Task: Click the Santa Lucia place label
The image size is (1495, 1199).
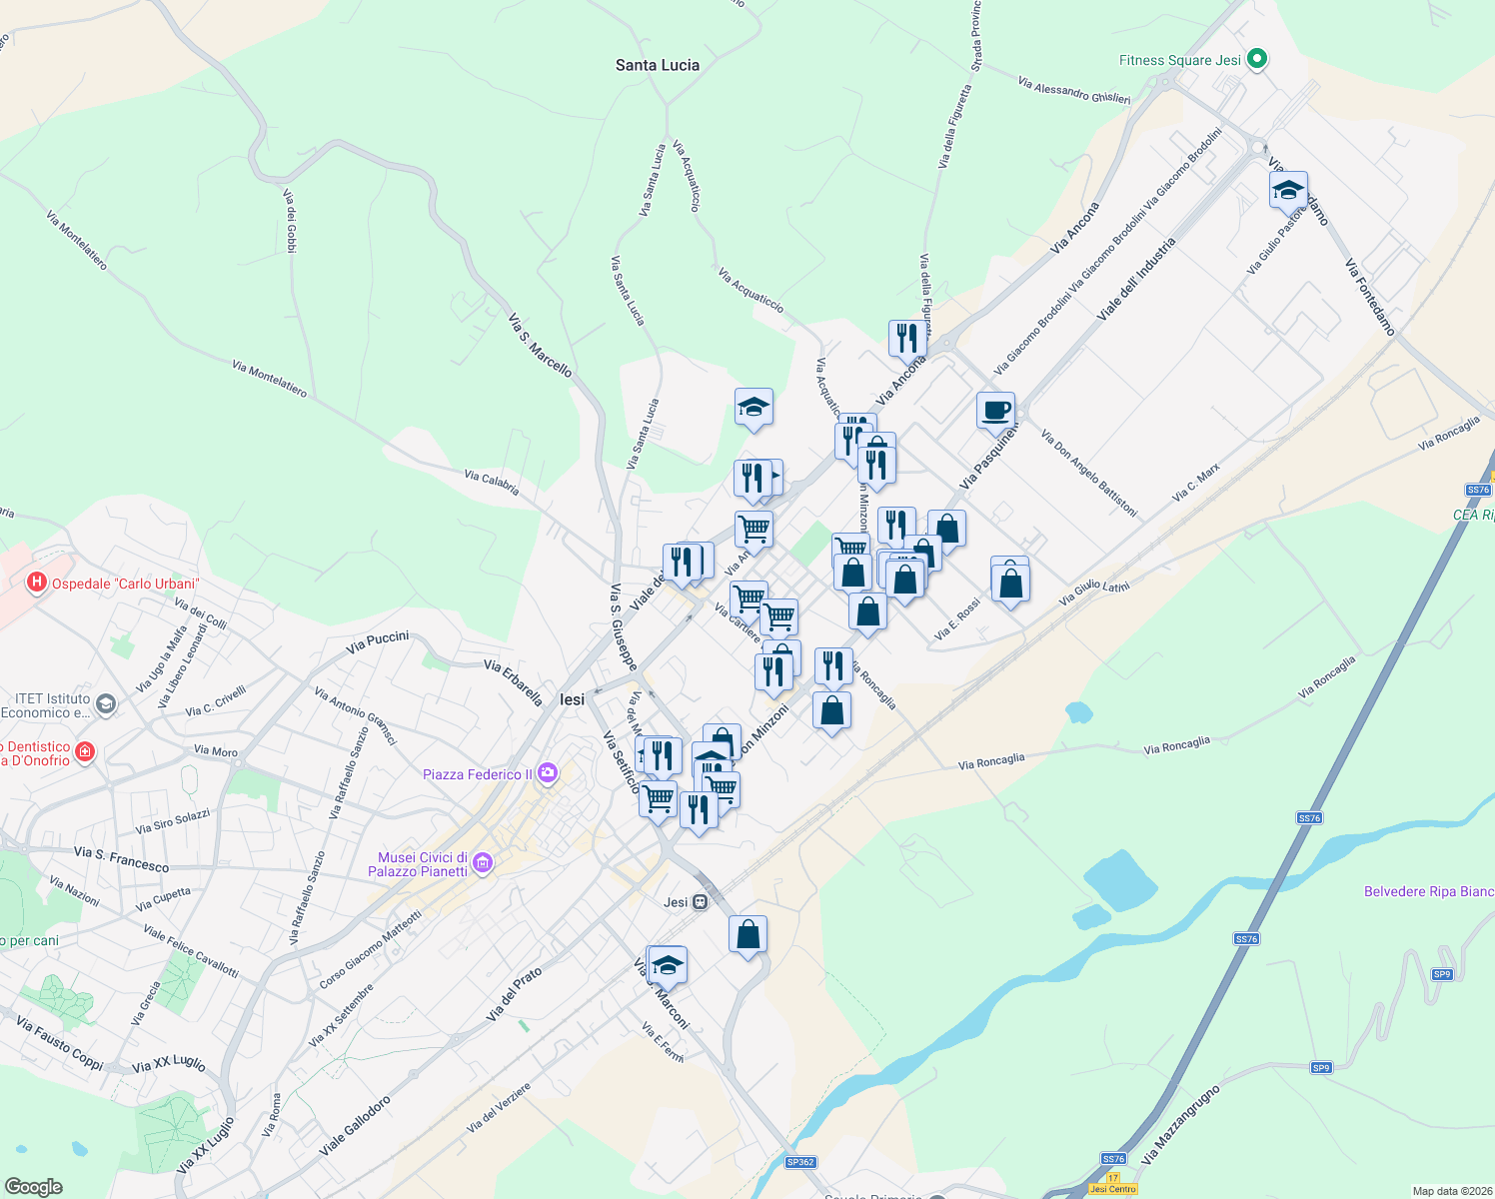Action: [657, 65]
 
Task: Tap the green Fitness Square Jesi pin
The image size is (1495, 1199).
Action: [1258, 60]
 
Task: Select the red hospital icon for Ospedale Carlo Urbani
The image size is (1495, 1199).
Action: [37, 583]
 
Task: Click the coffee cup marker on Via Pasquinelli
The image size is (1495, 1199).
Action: [995, 411]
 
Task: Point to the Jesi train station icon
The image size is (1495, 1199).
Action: [700, 902]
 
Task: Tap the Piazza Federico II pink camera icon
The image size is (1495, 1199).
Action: [547, 772]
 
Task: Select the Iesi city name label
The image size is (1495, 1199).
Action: [573, 699]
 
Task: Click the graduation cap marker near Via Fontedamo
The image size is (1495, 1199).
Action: [1288, 190]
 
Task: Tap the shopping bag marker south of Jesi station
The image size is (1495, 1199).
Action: [747, 935]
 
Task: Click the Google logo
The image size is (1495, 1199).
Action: [34, 1186]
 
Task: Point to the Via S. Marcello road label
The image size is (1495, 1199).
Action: [541, 346]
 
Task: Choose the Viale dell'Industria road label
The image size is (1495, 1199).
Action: [1136, 279]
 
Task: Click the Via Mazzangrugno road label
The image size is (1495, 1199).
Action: [1180, 1124]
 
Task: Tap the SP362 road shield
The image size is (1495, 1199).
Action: [800, 1162]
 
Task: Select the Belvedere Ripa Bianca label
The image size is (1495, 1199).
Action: [1429, 891]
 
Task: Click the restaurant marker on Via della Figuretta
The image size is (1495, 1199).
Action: [907, 339]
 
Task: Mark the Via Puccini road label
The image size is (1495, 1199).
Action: [378, 641]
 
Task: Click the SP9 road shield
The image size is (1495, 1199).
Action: [1441, 974]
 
